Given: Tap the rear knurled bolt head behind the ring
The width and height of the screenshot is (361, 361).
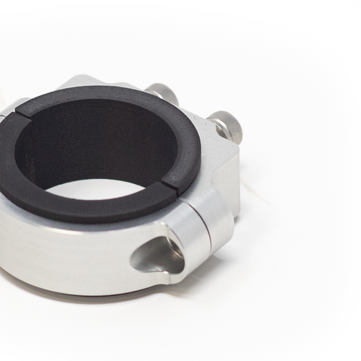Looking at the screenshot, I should click(x=162, y=94).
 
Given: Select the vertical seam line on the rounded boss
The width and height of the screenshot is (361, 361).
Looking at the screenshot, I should click(x=208, y=231).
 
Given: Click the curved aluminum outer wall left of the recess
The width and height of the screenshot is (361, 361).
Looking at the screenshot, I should click(x=65, y=253).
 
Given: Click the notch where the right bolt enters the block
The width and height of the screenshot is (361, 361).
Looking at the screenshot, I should click(x=214, y=130).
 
